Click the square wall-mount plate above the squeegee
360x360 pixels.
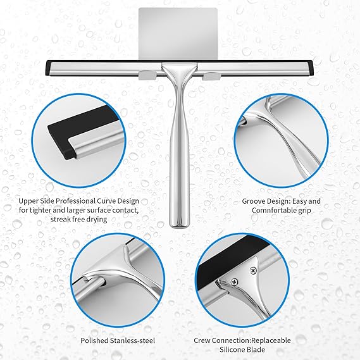tap(178, 35)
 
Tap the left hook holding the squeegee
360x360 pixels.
tap(147, 75)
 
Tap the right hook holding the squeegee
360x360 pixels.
tap(211, 76)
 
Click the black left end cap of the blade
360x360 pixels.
tap(49, 68)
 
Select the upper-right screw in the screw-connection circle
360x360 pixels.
tap(253, 271)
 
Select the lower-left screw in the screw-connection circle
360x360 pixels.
tap(235, 281)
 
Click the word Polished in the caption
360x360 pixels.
tap(94, 340)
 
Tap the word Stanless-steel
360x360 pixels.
tap(132, 340)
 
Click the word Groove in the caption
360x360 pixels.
tap(253, 201)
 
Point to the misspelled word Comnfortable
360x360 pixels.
tap(274, 210)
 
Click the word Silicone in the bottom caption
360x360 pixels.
tap(232, 350)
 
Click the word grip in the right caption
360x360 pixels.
tap(304, 211)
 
